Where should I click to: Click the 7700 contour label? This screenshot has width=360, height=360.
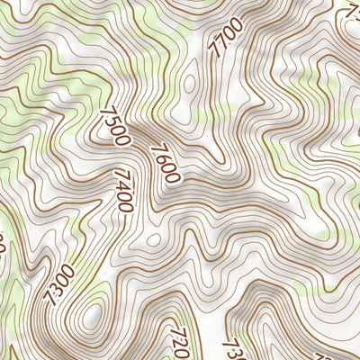[x=225, y=38]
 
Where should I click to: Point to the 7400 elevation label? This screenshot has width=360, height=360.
[x=124, y=190]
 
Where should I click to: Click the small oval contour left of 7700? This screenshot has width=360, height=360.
[x=189, y=85]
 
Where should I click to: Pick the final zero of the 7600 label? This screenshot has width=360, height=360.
[x=174, y=176]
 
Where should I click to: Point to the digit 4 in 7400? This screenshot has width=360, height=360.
[x=123, y=184]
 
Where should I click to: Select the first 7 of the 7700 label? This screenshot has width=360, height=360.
[x=216, y=53]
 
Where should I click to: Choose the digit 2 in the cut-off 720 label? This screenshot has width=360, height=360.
[x=177, y=342]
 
